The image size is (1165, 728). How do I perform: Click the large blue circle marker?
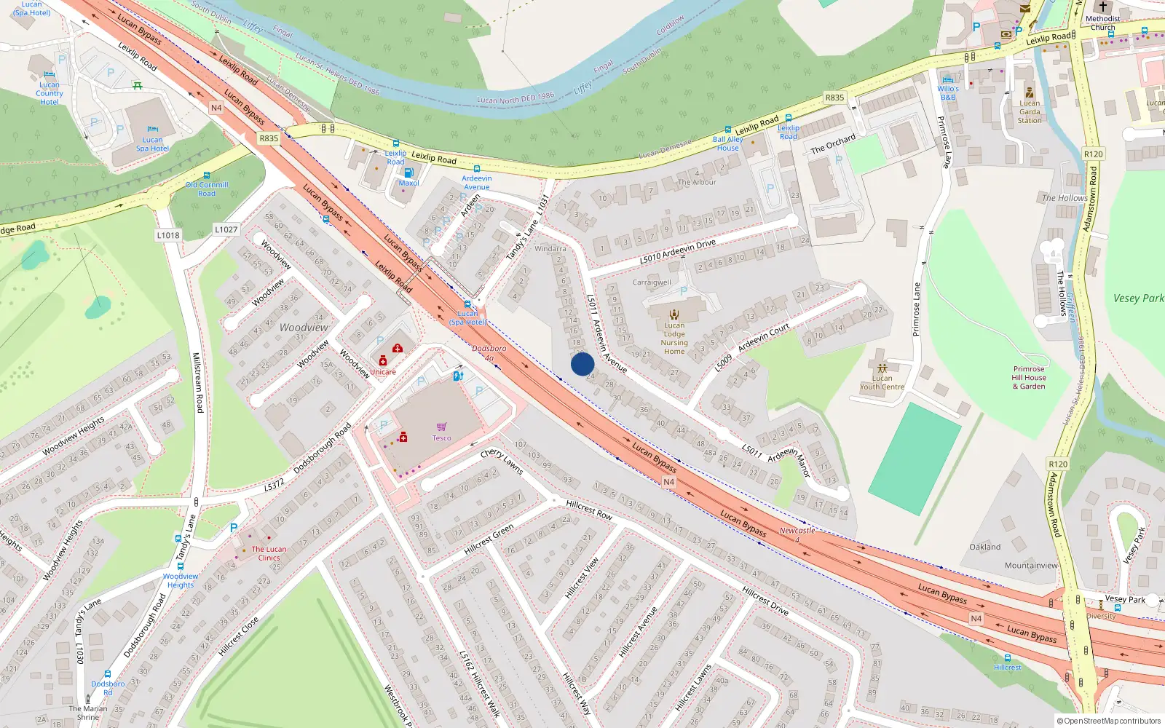tap(582, 364)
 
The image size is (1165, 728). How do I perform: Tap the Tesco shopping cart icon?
tap(441, 427)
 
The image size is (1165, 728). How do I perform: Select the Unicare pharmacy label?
tap(383, 372)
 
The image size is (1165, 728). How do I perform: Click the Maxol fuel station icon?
tap(408, 173)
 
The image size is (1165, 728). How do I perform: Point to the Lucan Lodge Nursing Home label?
tap(674, 339)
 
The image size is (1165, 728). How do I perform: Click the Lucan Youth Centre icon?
tap(882, 368)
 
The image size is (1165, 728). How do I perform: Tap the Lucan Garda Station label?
tap(1030, 111)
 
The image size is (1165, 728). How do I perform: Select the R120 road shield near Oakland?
tap(1058, 464)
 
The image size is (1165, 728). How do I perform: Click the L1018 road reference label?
tap(168, 235)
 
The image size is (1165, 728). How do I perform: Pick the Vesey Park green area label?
tap(1138, 298)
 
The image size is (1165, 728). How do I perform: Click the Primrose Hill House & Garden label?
tap(1029, 378)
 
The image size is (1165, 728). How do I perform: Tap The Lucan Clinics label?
tap(269, 553)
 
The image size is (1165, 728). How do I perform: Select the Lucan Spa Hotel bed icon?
tap(152, 129)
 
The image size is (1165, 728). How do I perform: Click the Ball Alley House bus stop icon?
tap(727, 130)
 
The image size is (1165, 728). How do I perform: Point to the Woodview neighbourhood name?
tap(304, 328)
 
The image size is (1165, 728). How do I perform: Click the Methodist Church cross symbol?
tap(1102, 7)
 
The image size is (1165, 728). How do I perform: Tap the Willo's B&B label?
tap(948, 92)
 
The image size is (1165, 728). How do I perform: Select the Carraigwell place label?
tap(652, 282)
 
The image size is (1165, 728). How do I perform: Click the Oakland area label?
tap(984, 547)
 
